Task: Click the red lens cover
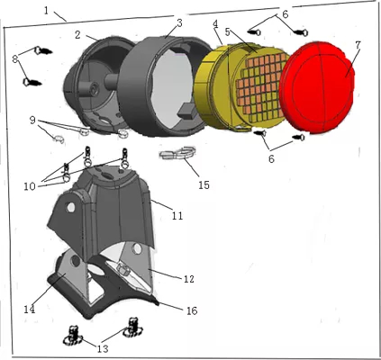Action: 317,88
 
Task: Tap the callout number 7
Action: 358,45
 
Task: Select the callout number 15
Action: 204,184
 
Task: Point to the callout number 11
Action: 177,215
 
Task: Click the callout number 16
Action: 192,310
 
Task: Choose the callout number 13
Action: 103,348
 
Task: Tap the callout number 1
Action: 46,11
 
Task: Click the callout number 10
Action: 30,186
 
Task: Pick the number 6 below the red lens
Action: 271,158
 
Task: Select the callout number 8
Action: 15,59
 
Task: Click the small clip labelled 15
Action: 178,152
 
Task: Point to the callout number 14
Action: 30,309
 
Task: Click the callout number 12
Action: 189,279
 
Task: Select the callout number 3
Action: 179,23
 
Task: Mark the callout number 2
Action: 77,35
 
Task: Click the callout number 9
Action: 32,121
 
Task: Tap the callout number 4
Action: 215,24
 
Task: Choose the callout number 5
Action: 227,31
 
